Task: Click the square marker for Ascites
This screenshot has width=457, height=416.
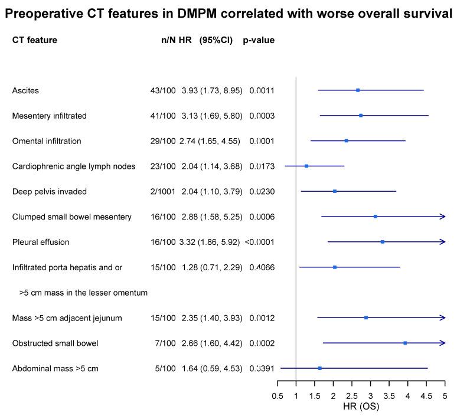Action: tap(358, 90)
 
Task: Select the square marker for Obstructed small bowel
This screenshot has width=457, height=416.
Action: tap(405, 343)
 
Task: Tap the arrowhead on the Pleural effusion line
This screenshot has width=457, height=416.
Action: tap(442, 242)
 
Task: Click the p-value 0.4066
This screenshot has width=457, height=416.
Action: tap(262, 267)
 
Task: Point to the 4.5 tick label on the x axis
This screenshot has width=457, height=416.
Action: tap(426, 396)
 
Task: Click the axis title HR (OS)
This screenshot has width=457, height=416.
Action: tap(361, 407)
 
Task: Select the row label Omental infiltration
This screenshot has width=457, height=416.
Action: tap(47, 141)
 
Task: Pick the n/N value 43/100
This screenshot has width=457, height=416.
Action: tap(163, 90)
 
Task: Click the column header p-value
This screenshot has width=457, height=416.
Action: tap(259, 41)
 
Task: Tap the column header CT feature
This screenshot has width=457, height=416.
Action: tap(35, 41)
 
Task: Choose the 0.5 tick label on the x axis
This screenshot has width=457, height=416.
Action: tap(277, 396)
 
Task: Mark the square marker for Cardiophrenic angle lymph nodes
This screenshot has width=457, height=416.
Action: tap(306, 166)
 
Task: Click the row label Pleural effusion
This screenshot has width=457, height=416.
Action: tap(41, 242)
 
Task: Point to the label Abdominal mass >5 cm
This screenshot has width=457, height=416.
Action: tap(55, 368)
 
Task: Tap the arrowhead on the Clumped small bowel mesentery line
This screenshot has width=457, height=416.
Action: tap(442, 217)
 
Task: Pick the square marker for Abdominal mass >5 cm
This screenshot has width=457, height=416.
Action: tap(320, 368)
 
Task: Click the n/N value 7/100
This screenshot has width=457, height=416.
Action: tap(165, 343)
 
